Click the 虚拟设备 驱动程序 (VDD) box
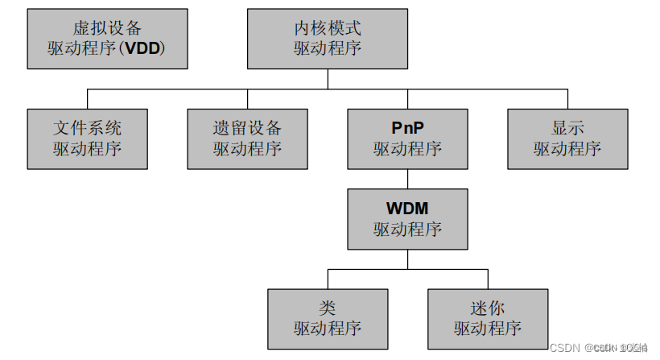pyautogui.click(x=107, y=39)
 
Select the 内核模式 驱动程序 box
pyautogui.click(x=327, y=39)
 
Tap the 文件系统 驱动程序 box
pyautogui.click(x=87, y=139)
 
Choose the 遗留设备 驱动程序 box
pyautogui.click(x=247, y=139)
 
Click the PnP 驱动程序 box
pyautogui.click(x=407, y=139)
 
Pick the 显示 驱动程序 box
pyautogui.click(x=567, y=139)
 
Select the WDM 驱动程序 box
pyautogui.click(x=407, y=219)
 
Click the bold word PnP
pyautogui.click(x=407, y=129)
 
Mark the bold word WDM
pyautogui.click(x=407, y=209)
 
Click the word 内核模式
pyautogui.click(x=327, y=29)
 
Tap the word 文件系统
pyautogui.click(x=87, y=129)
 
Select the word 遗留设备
pyautogui.click(x=247, y=129)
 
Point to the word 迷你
pyautogui.click(x=488, y=308)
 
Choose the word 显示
pyautogui.click(x=567, y=129)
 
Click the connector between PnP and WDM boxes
pyautogui.click(x=407, y=179)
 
